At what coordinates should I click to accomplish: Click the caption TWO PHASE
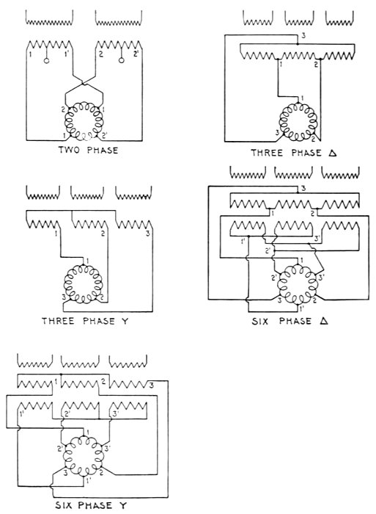88,150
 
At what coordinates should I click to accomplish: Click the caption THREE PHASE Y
85,321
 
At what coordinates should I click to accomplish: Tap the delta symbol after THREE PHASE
333,153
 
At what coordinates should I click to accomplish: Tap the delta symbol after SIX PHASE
324,321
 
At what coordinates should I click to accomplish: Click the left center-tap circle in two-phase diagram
46,61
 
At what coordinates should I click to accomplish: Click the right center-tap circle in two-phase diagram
122,61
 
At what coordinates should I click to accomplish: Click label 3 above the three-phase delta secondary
303,36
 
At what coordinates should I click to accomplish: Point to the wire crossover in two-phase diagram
84,84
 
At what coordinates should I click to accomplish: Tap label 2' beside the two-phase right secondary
136,54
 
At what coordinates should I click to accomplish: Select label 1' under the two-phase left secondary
67,54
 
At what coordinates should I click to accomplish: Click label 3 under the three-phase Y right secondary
148,234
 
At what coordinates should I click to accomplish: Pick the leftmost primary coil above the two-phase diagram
49,18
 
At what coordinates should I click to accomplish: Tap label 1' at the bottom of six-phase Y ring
89,481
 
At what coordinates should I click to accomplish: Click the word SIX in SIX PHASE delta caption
260,321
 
